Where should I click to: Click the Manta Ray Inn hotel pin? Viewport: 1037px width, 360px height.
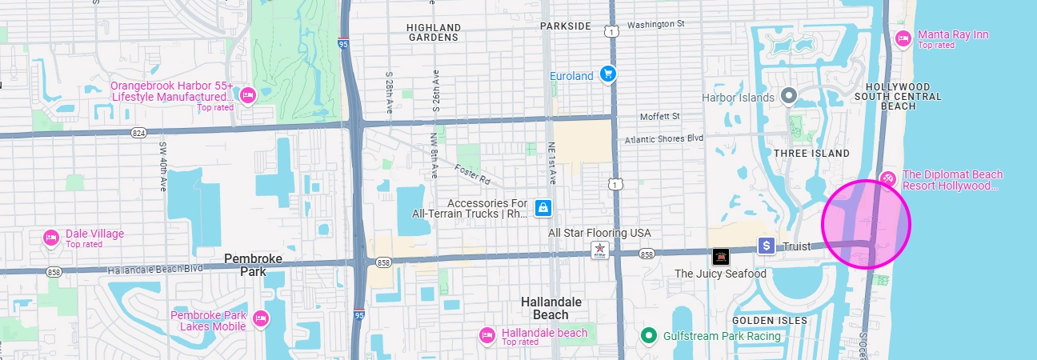click(903, 38)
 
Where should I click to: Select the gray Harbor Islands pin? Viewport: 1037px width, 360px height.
click(789, 97)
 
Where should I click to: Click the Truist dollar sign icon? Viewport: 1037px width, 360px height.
click(767, 246)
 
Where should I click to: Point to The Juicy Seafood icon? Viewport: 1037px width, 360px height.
click(721, 257)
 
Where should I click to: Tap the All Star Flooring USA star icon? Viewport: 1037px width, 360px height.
click(598, 250)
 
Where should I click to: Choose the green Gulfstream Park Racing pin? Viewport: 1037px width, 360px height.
click(650, 335)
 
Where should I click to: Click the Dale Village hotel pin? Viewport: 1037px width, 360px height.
click(51, 238)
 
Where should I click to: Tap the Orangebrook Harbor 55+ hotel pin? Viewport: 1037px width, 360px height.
click(247, 96)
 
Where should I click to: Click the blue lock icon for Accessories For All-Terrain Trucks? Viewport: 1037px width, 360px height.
click(543, 209)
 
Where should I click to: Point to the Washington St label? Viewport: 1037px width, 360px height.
click(655, 24)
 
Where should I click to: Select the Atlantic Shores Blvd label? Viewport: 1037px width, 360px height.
click(663, 138)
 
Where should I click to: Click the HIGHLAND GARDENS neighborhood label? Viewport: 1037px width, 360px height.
click(434, 32)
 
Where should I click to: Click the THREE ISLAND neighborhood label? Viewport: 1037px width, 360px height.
click(811, 153)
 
